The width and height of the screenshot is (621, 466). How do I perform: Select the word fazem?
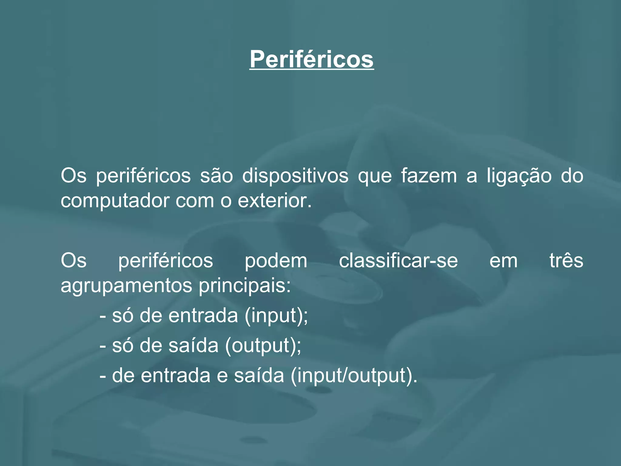click(428, 176)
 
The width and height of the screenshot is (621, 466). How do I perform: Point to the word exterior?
click(274, 201)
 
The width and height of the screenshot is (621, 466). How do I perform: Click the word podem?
click(276, 261)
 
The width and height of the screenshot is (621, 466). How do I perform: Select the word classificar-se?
click(398, 261)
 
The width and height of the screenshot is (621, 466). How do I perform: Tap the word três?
click(566, 261)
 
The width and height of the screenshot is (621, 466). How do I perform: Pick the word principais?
click(244, 285)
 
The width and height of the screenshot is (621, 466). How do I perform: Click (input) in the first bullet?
click(276, 316)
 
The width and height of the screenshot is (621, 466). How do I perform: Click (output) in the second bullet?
click(263, 346)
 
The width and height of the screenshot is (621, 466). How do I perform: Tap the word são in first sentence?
click(216, 176)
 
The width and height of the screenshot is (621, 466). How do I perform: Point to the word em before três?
click(503, 261)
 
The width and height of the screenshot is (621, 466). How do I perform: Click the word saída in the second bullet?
click(193, 346)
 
